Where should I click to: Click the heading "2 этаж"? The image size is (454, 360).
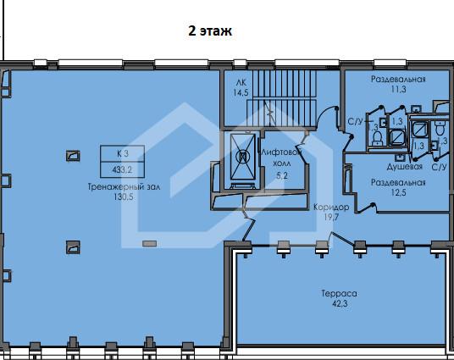[x=210, y=30]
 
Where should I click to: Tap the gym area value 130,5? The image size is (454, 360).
[x=124, y=197]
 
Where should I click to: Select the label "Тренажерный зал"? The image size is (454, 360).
[x=124, y=187]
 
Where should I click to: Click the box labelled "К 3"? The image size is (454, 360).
[x=123, y=153]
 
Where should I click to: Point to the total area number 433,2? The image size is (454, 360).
[x=122, y=169]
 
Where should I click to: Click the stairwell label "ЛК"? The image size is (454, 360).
[x=241, y=83]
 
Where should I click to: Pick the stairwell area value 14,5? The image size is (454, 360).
[x=241, y=92]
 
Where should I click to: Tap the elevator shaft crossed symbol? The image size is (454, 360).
[x=242, y=157]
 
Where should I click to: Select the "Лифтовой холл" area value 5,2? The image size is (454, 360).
[x=282, y=175]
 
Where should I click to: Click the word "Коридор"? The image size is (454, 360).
[x=331, y=208]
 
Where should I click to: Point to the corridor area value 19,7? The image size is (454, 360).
[x=331, y=217]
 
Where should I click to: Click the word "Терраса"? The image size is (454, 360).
[x=340, y=294]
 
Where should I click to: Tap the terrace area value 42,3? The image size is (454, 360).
[x=340, y=304]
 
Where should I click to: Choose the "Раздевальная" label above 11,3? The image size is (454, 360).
[x=398, y=79]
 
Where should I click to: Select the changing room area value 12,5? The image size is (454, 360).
[x=398, y=192]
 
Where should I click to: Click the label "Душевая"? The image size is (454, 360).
[x=405, y=167]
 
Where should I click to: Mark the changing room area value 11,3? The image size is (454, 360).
[x=398, y=89]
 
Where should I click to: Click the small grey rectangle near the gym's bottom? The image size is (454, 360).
[x=149, y=244]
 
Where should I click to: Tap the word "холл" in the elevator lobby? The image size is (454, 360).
[x=282, y=163]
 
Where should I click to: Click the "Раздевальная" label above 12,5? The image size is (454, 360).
[x=398, y=182]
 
